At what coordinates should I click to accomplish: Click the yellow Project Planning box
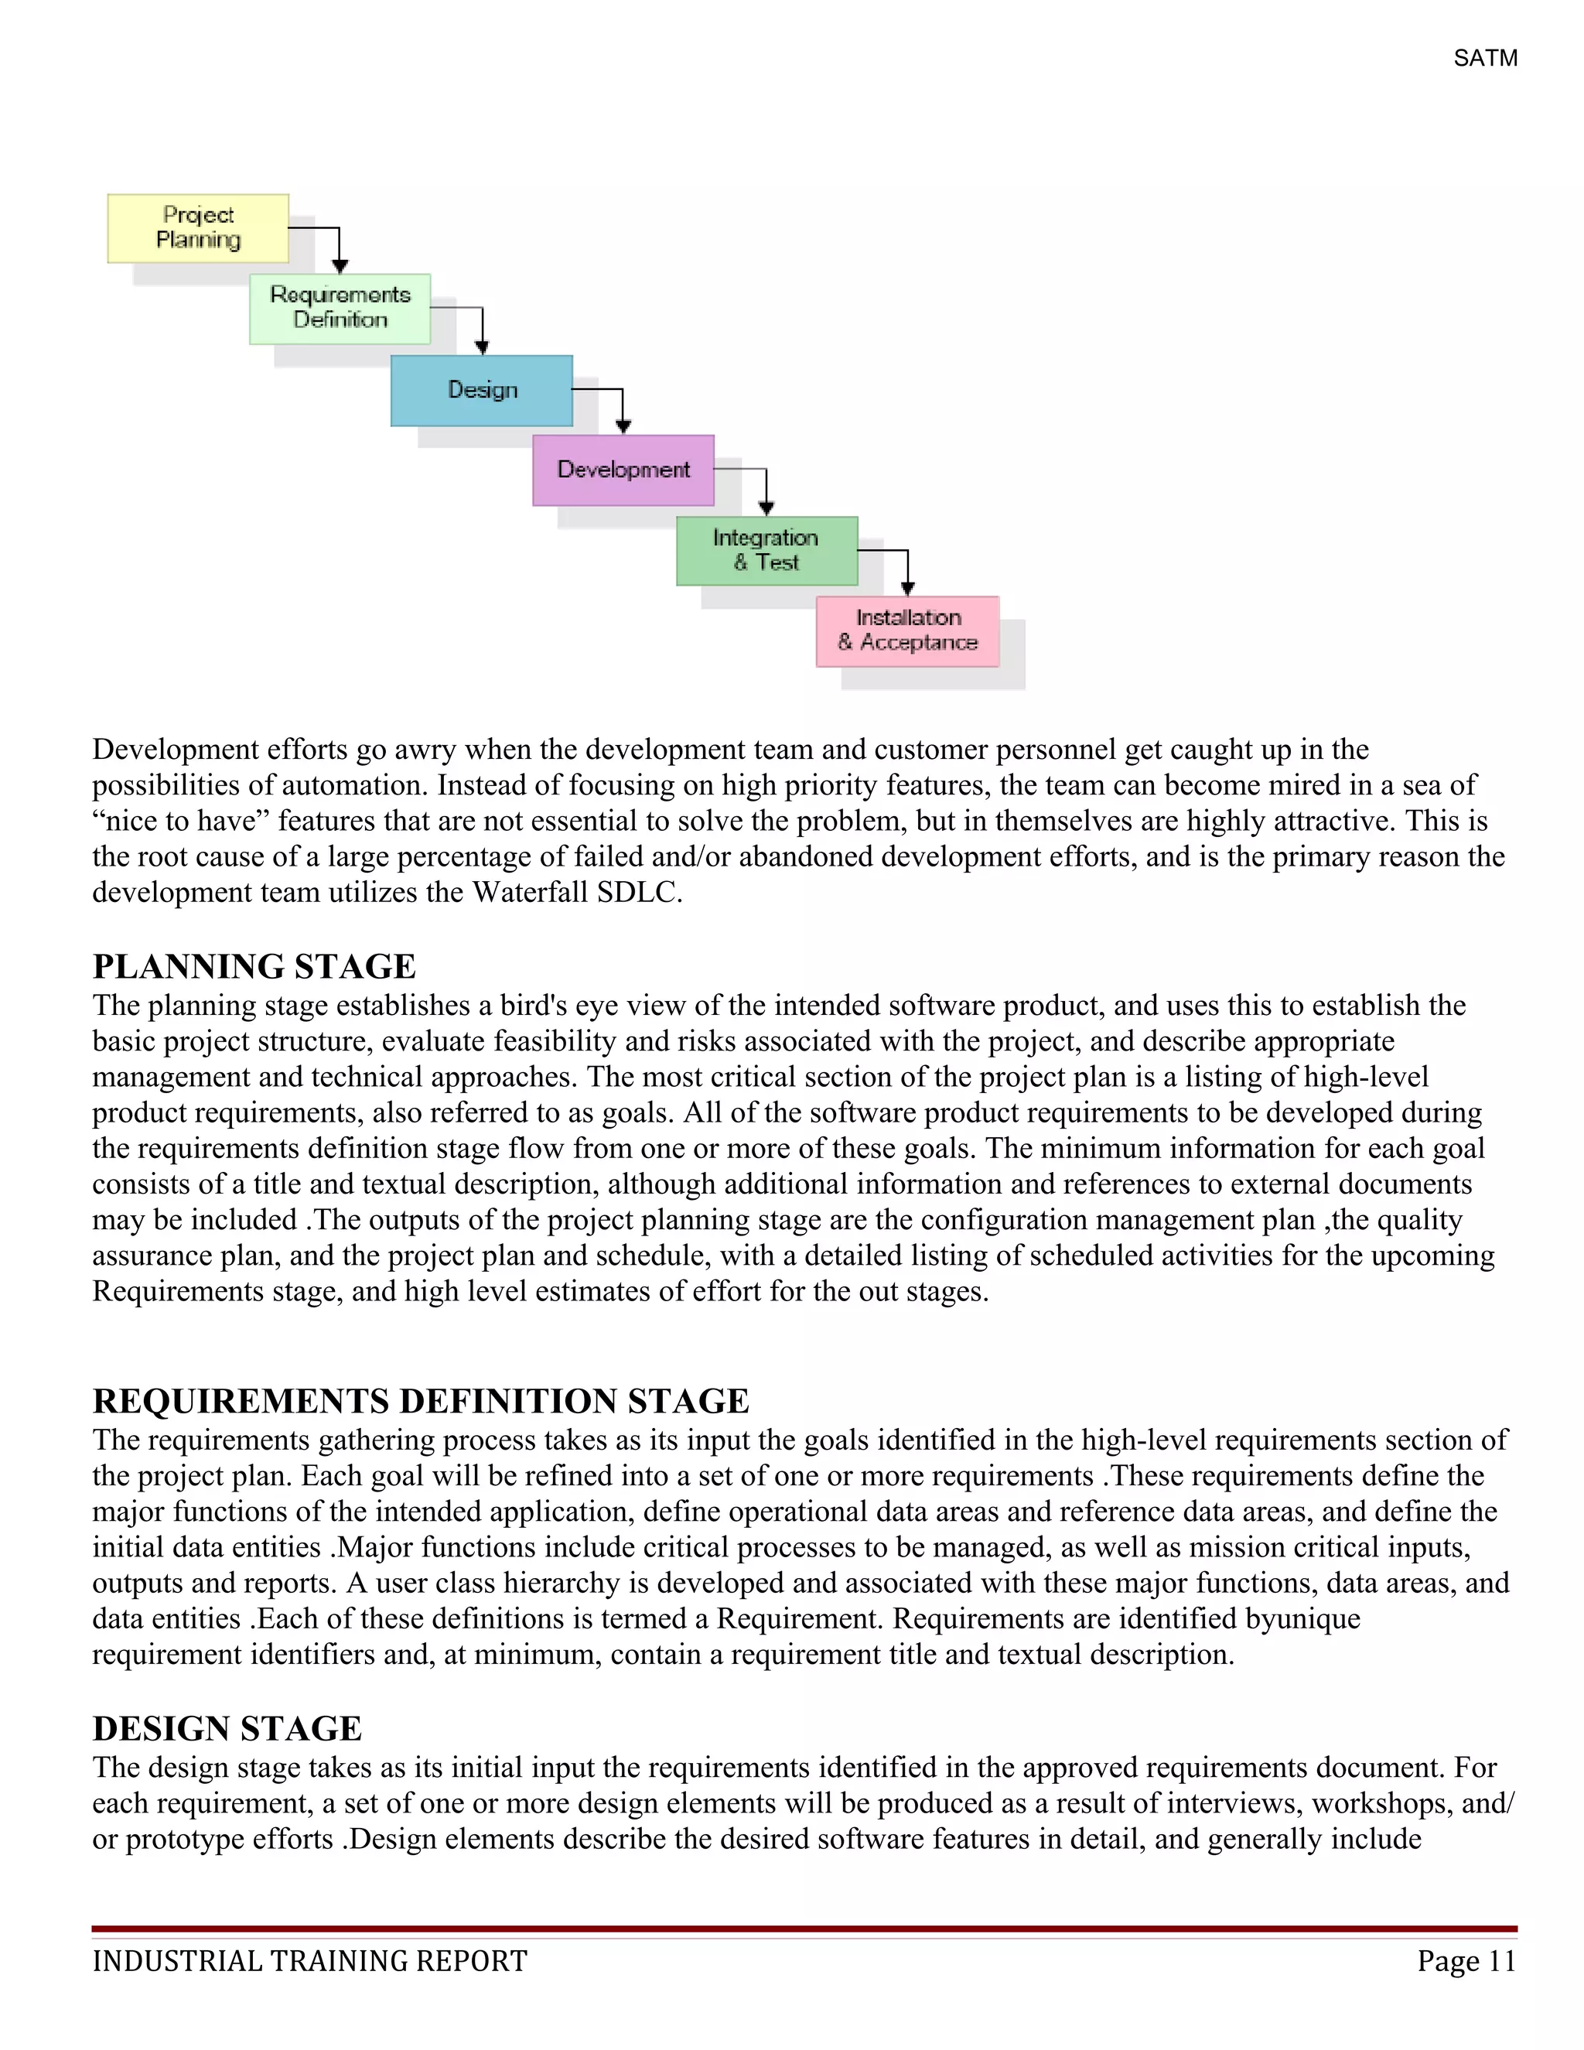click(x=198, y=228)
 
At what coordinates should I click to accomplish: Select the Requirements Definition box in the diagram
click(x=340, y=308)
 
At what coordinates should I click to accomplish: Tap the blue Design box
click(x=481, y=390)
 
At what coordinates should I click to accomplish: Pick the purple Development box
click(x=623, y=470)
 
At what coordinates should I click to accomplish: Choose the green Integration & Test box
click(x=766, y=550)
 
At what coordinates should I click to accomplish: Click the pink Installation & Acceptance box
click(x=907, y=630)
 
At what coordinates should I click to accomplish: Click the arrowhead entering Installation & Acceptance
click(x=907, y=589)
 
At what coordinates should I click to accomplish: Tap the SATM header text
click(x=1484, y=58)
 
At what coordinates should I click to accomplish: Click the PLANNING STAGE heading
click(x=254, y=967)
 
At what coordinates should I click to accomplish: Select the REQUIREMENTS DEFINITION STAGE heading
click(x=421, y=1402)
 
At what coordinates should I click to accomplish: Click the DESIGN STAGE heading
click(x=227, y=1729)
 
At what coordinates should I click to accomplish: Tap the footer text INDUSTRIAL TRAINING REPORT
click(x=309, y=1962)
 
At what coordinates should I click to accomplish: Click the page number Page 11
click(x=1466, y=1962)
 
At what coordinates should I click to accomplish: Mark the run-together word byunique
click(x=1302, y=1619)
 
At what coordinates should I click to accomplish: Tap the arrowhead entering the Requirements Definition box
click(x=340, y=268)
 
